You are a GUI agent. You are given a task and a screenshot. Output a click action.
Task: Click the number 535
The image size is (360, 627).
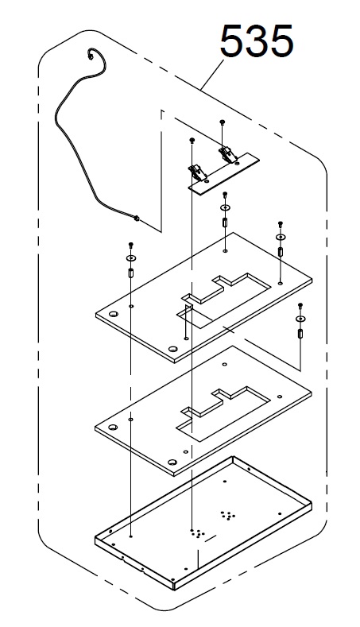[257, 41]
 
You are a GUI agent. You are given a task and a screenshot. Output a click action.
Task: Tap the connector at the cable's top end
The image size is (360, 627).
[92, 56]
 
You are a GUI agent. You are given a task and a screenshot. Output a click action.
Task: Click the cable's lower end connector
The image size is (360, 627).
[137, 218]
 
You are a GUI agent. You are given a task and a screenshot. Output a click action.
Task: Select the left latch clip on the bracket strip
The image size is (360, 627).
[198, 172]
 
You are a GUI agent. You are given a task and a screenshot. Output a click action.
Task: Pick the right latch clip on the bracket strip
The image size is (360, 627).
[226, 154]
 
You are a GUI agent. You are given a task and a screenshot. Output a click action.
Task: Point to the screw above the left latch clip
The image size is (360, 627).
[192, 140]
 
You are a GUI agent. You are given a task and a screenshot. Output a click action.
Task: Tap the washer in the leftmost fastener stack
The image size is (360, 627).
[131, 258]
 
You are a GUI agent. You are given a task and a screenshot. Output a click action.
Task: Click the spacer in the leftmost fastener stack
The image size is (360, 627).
[131, 273]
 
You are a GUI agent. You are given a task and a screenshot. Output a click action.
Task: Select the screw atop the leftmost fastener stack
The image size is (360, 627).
[130, 244]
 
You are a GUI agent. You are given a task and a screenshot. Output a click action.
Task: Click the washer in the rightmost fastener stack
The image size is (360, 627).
[300, 319]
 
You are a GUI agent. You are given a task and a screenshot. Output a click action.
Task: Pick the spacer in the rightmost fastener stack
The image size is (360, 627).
[300, 333]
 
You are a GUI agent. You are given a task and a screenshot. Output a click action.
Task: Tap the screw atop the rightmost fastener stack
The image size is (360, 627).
[300, 306]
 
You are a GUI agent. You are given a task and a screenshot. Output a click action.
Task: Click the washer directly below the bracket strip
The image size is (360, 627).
[225, 208]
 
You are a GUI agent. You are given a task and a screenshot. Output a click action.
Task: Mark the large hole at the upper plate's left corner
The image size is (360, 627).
[113, 314]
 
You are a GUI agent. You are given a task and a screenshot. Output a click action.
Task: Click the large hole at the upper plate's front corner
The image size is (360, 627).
[172, 349]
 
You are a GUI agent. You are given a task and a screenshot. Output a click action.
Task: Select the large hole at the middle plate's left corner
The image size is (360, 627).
[113, 427]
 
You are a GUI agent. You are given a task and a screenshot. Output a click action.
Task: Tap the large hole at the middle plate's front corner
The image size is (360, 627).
[172, 463]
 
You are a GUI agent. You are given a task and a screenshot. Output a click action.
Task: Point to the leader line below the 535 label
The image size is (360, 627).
[211, 75]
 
